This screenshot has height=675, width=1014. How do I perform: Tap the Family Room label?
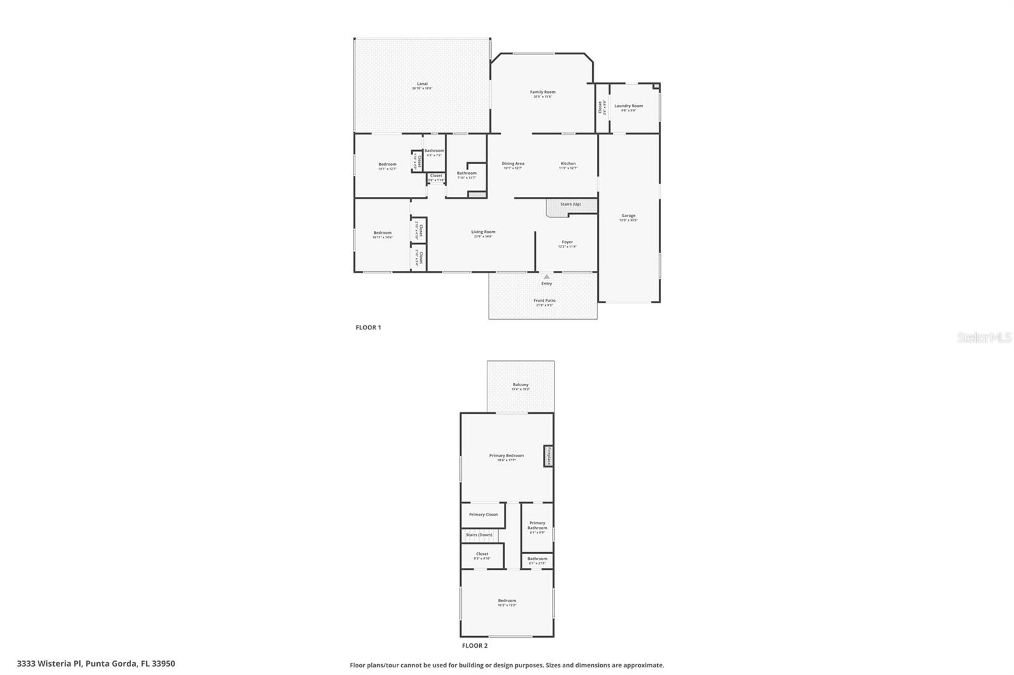(x=542, y=92)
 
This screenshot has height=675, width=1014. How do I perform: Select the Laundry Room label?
(x=628, y=106)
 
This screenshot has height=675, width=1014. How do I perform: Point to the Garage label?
(x=628, y=216)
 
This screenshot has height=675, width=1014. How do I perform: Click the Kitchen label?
(x=568, y=164)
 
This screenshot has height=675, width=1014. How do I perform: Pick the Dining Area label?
(x=513, y=164)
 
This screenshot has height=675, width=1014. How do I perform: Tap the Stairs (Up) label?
(x=570, y=205)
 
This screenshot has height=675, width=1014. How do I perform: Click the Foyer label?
(x=567, y=243)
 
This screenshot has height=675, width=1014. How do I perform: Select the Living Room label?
(x=483, y=232)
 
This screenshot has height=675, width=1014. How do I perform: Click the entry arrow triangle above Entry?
(x=546, y=277)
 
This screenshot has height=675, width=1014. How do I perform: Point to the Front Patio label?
(x=544, y=301)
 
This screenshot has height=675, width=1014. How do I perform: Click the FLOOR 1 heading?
(x=368, y=328)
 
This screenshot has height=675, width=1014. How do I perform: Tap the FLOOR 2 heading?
(x=475, y=646)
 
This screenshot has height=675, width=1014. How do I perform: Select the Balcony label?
(x=520, y=385)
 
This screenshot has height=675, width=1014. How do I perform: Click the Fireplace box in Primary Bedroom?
(x=549, y=456)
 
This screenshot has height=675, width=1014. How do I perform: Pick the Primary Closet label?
(x=483, y=515)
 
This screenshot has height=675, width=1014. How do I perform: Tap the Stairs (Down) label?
(x=479, y=535)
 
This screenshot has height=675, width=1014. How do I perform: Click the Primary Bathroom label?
(x=537, y=526)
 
